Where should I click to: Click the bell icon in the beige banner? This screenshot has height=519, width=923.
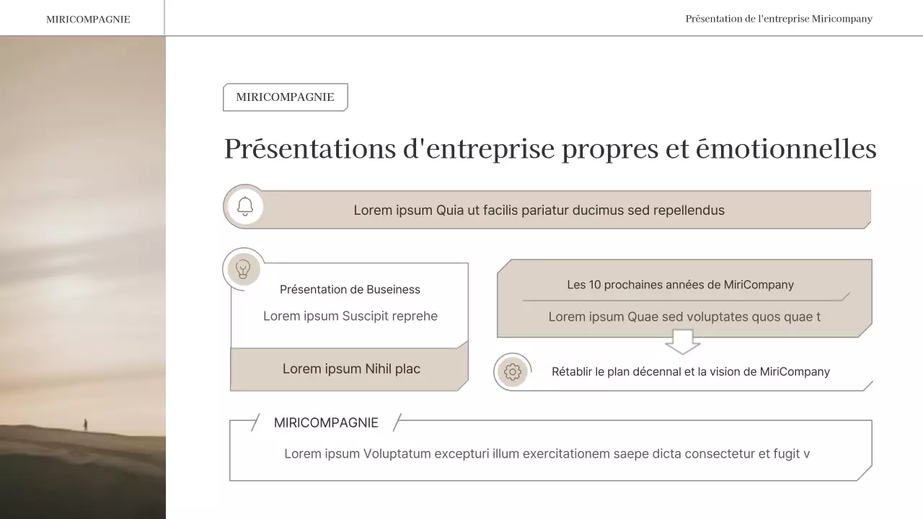(x=245, y=207)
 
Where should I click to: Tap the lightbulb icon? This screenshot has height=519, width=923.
(x=244, y=270)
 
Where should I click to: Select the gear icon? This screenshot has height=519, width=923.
(x=513, y=372)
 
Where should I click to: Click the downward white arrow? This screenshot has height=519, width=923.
(x=682, y=342)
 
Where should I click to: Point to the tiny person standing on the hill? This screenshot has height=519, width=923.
(x=85, y=425)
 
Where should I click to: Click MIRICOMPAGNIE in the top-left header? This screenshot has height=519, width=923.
(x=88, y=19)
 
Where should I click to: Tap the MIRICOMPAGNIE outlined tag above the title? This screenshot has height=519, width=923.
(x=285, y=97)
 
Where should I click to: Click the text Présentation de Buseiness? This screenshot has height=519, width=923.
(x=350, y=290)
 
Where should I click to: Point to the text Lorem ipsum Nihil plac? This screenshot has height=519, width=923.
(x=351, y=369)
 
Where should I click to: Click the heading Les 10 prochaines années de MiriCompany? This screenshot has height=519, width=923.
(x=680, y=285)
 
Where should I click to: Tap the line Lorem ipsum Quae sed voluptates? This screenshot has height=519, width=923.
(x=684, y=317)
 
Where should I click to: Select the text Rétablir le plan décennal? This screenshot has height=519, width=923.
(x=690, y=372)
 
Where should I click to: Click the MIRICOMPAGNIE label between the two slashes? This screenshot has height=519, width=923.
(x=326, y=423)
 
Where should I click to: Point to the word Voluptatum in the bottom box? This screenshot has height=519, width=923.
(x=397, y=454)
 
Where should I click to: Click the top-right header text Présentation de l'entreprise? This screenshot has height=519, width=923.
(x=779, y=19)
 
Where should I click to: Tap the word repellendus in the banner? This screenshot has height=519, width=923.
(x=688, y=210)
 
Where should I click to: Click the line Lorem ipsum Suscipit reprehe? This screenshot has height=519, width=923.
(x=350, y=316)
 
